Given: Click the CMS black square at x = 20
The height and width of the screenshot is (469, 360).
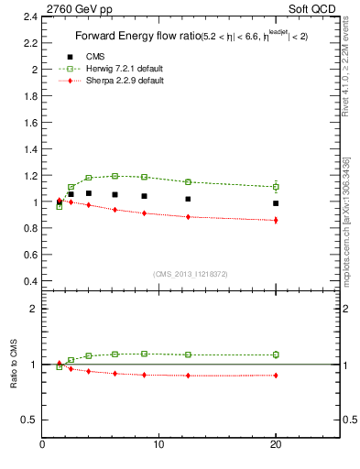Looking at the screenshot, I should (275, 203).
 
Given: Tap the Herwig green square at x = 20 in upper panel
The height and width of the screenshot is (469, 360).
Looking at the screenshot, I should (275, 187).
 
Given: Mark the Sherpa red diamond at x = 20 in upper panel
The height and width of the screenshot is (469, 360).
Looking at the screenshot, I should (275, 220).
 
